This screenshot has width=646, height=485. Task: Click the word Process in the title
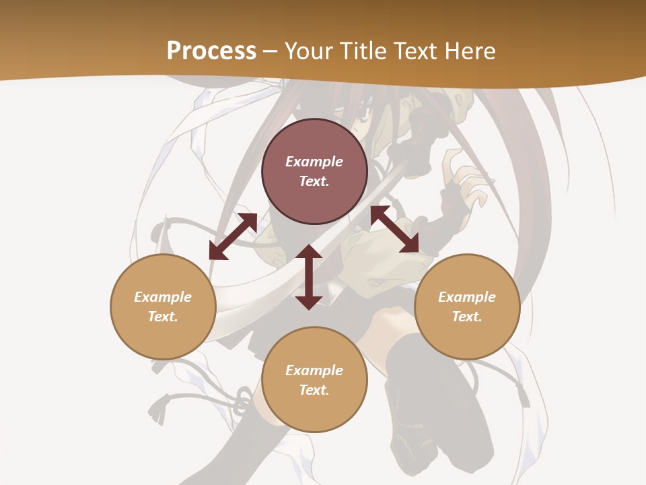point(211,51)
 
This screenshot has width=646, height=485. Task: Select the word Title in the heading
point(365,51)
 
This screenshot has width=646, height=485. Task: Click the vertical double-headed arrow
point(309,277)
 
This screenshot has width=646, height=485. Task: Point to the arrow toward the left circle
point(233,236)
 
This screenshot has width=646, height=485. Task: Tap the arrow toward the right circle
point(395,229)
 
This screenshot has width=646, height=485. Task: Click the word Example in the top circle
point(314,162)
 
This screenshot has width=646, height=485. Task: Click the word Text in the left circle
point(163,317)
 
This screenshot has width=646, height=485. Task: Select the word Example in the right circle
point(467,297)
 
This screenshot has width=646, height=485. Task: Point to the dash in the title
point(271,51)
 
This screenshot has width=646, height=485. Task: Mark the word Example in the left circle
point(163,297)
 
